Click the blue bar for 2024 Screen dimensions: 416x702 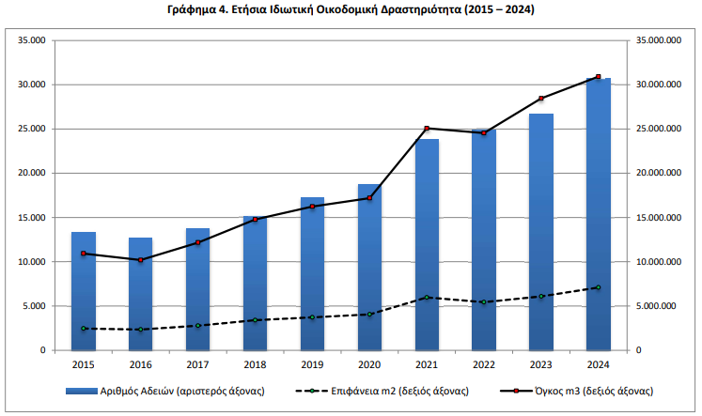[x=598, y=214]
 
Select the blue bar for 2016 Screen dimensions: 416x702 [x=140, y=294]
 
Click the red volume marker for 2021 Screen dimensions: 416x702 [x=427, y=129]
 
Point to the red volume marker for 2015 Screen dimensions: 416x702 [x=83, y=254]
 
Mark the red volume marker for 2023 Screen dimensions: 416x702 [x=541, y=99]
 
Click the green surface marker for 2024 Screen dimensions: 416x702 [x=599, y=287]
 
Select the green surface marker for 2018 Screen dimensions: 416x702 [x=255, y=320]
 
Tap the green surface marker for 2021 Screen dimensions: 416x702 [x=427, y=298]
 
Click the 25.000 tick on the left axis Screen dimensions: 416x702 [x=33, y=129]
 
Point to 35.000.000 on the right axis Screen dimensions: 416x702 [x=658, y=40]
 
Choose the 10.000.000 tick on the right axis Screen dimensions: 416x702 [x=658, y=262]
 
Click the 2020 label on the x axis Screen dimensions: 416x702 [x=369, y=363]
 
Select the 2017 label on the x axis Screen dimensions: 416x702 [x=197, y=363]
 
